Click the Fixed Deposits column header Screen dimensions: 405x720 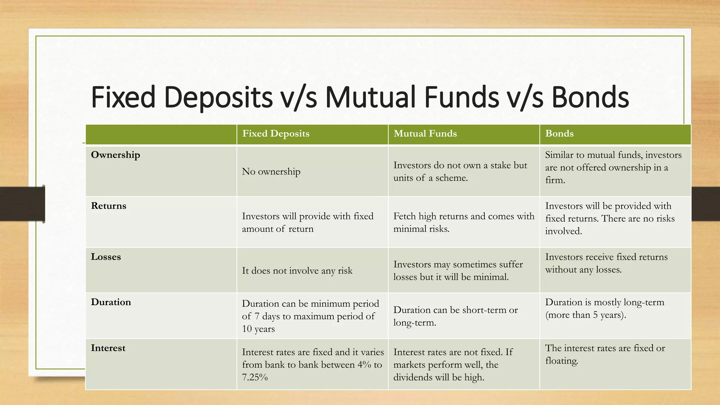pyautogui.click(x=276, y=134)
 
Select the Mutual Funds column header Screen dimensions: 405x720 pyautogui.click(x=425, y=134)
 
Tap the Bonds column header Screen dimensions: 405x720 pyautogui.click(x=559, y=134)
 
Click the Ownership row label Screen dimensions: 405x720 pyautogui.click(x=115, y=155)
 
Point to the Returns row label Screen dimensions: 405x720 pyautogui.click(x=108, y=206)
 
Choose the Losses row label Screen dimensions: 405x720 pyautogui.click(x=105, y=257)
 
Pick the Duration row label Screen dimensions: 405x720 pyautogui.click(x=111, y=302)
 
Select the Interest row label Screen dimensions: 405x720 pyautogui.click(x=108, y=348)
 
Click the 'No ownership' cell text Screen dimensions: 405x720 pyautogui.click(x=271, y=172)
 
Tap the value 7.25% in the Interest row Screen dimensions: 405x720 pyautogui.click(x=255, y=377)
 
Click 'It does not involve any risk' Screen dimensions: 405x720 pyautogui.click(x=297, y=271)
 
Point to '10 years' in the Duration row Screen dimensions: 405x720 pyautogui.click(x=258, y=329)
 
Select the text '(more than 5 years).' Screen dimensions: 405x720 pyautogui.click(x=585, y=315)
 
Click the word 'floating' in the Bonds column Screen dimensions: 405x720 pyautogui.click(x=561, y=361)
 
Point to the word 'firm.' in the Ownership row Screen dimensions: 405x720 pyautogui.click(x=555, y=180)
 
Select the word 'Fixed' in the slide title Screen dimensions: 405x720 pyautogui.click(x=123, y=97)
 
